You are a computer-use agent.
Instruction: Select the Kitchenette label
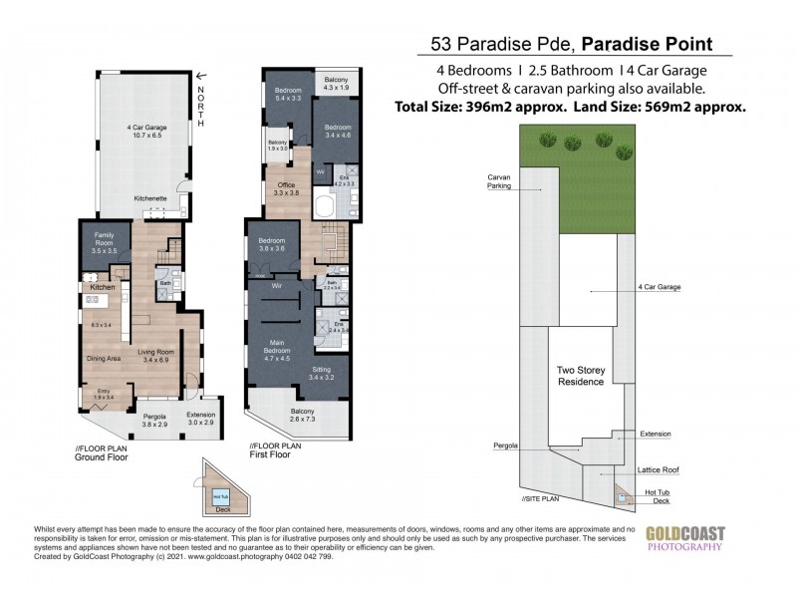coord(150,199)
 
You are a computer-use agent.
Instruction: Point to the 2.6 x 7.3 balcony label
coord(300,422)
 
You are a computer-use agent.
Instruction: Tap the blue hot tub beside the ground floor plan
coord(220,494)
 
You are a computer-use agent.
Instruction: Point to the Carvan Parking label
coord(498,181)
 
